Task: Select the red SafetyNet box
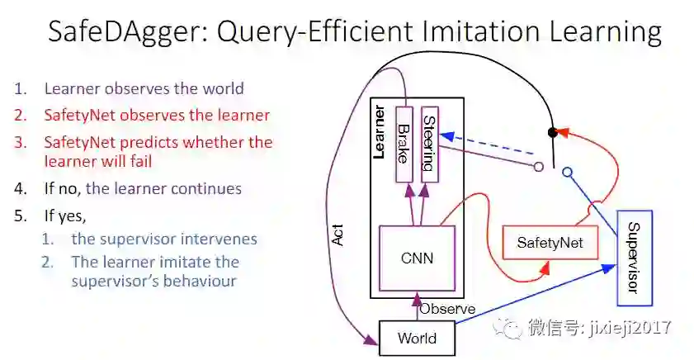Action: pos(550,242)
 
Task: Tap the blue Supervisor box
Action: pos(635,257)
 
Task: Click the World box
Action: pos(417,338)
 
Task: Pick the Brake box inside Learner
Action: pos(404,144)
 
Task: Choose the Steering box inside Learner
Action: pos(428,144)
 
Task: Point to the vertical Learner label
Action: pos(380,132)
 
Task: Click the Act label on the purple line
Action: pos(337,235)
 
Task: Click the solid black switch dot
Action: pos(554,132)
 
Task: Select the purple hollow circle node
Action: pos(538,166)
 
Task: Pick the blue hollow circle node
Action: pos(567,172)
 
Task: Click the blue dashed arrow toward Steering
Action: pos(487,148)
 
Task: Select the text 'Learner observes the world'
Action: pos(144,88)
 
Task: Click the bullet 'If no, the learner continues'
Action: pos(143,188)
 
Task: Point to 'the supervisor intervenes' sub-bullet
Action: pos(164,239)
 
